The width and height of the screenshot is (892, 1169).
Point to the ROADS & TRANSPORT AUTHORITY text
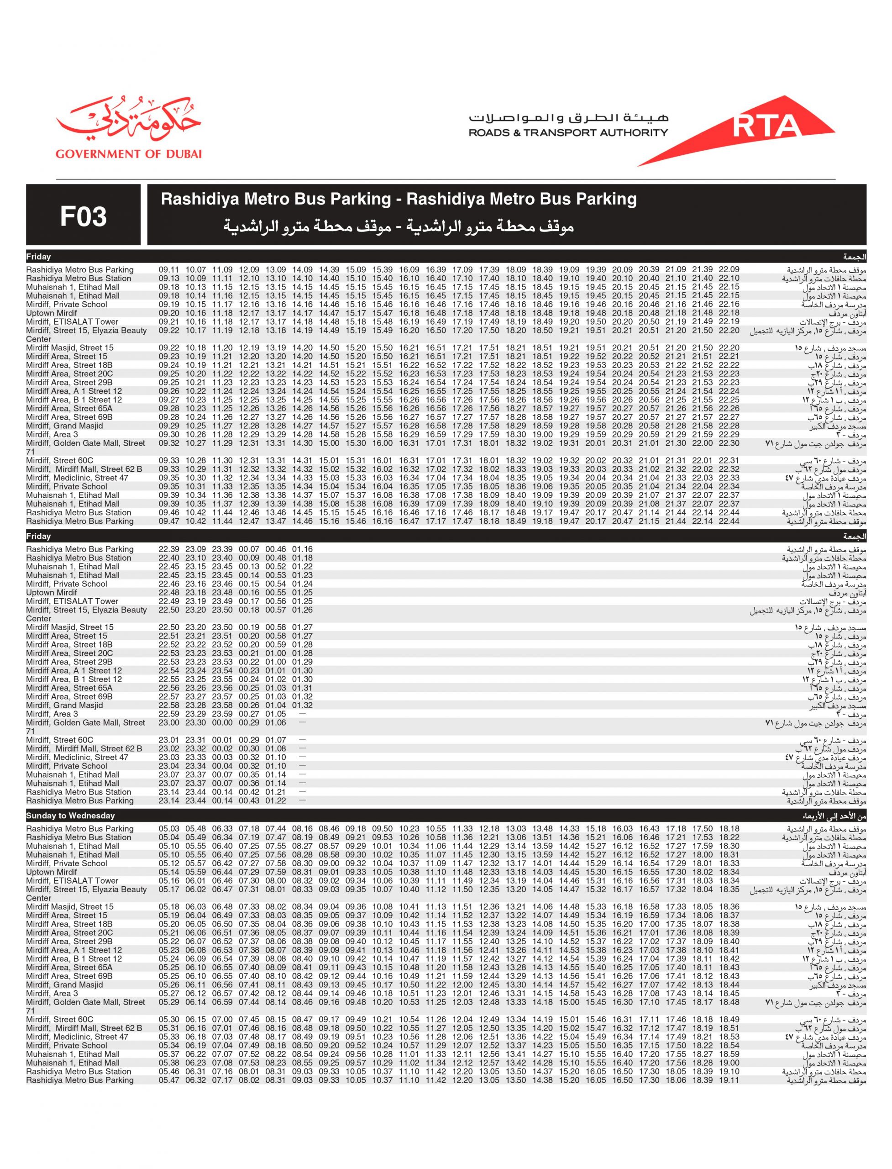(568, 133)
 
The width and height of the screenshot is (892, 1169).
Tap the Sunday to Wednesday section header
(70, 815)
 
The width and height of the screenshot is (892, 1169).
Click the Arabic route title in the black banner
(398, 227)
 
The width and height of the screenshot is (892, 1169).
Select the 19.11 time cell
(729, 1080)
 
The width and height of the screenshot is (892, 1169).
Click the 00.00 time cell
(222, 722)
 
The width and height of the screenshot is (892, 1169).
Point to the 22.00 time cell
(702, 443)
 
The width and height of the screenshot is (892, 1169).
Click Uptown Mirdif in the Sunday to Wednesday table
(52, 872)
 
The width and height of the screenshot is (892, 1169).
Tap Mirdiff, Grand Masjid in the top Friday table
(64, 426)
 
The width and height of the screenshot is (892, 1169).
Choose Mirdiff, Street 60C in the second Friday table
(59, 740)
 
